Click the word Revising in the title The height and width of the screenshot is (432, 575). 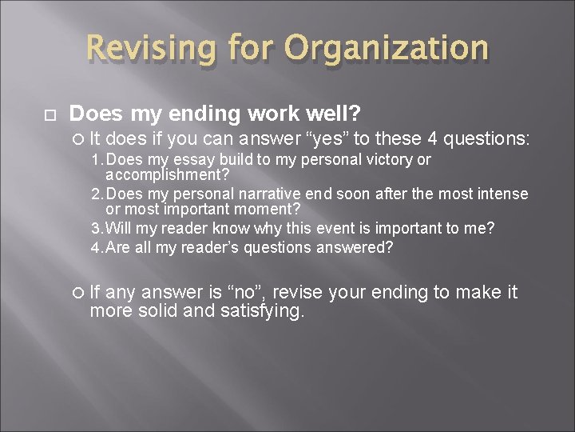[x=149, y=49]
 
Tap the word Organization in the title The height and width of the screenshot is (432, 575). [x=385, y=49]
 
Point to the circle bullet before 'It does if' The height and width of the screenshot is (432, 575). [x=77, y=138]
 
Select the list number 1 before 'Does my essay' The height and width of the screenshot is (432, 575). [x=95, y=160]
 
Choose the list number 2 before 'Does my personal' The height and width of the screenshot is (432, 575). [x=95, y=194]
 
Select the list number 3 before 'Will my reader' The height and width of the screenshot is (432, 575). [x=95, y=229]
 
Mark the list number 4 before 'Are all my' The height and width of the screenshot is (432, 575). [x=95, y=247]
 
